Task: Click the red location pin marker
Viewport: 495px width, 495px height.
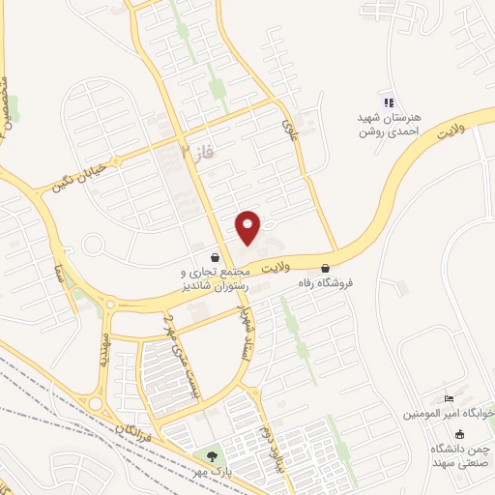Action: (x=248, y=227)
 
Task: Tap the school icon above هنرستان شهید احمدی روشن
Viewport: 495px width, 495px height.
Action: (x=389, y=102)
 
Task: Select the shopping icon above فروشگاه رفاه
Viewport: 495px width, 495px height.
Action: (x=325, y=268)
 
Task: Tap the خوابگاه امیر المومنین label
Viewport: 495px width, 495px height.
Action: (x=449, y=413)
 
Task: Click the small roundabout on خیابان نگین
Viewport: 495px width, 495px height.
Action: (x=93, y=244)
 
